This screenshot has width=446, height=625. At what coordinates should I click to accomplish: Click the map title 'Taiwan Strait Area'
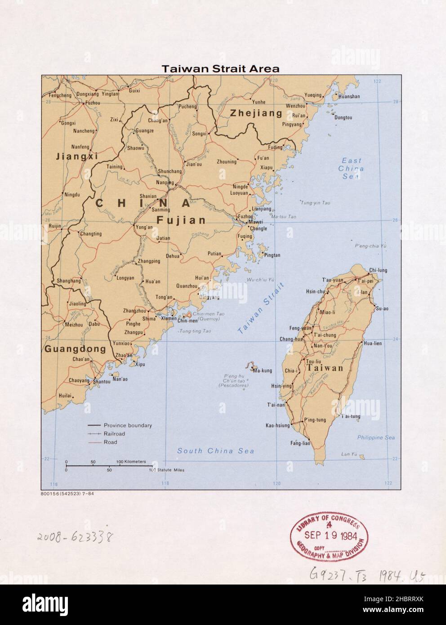pyautogui.click(x=220, y=69)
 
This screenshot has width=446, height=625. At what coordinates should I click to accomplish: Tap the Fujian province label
pyautogui.click(x=181, y=220)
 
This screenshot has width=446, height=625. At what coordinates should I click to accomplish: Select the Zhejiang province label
pyautogui.click(x=256, y=113)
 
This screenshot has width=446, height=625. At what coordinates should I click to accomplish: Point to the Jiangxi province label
pyautogui.click(x=76, y=157)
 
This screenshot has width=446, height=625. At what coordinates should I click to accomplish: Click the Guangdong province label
pyautogui.click(x=75, y=349)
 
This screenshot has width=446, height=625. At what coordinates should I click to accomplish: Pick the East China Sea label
pyautogui.click(x=351, y=169)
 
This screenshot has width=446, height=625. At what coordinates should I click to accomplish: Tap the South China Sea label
pyautogui.click(x=215, y=451)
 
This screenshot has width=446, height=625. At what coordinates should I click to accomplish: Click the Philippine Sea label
pyautogui.click(x=375, y=437)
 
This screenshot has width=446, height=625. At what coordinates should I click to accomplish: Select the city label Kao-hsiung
pyautogui.click(x=277, y=425)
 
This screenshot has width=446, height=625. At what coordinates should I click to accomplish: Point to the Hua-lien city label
pyautogui.click(x=372, y=343)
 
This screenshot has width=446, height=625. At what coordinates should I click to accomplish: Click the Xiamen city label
pyautogui.click(x=169, y=319)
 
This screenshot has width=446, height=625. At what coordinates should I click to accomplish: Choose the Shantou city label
pyautogui.click(x=102, y=382)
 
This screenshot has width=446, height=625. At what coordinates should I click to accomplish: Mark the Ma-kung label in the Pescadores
pyautogui.click(x=263, y=371)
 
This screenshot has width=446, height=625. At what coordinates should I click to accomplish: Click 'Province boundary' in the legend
pyautogui.click(x=128, y=425)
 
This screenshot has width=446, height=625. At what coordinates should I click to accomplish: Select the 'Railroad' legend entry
pyautogui.click(x=114, y=434)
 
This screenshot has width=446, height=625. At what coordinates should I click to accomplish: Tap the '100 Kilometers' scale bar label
pyautogui.click(x=131, y=462)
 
